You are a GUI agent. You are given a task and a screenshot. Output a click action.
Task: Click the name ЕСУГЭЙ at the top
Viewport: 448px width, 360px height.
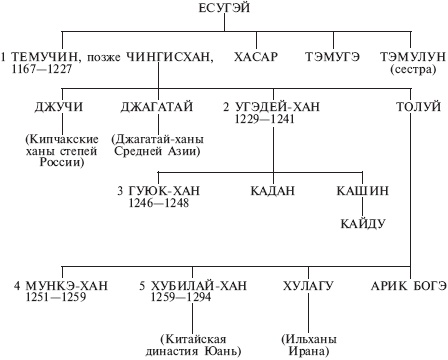pyautogui.click(x=223, y=9)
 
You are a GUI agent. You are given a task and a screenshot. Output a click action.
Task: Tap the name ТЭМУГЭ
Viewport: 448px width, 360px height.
pyautogui.click(x=334, y=56)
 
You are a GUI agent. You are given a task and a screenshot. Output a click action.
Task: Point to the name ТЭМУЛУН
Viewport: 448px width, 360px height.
pyautogui.click(x=411, y=56)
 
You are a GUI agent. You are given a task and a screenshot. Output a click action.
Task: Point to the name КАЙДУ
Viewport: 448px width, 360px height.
pyautogui.click(x=361, y=222)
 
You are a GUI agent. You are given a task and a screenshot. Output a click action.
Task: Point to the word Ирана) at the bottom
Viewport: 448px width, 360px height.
pyautogui.click(x=306, y=350)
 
